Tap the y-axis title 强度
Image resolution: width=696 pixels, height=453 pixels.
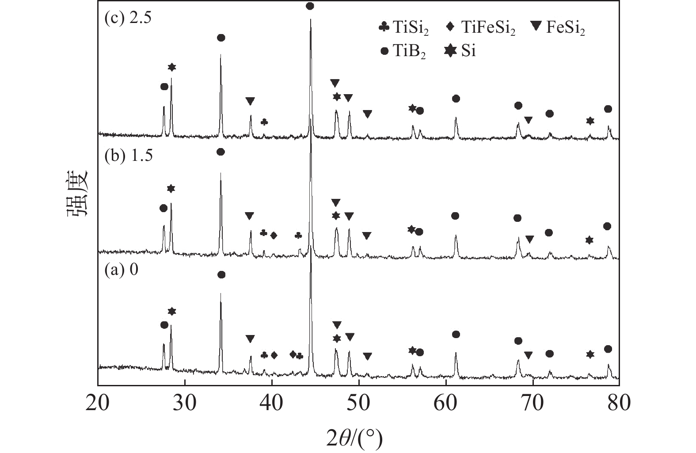pyautogui.click(x=78, y=193)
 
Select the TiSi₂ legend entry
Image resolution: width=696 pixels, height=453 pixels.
pyautogui.click(x=404, y=28)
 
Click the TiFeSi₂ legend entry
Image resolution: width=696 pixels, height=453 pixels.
pyautogui.click(x=481, y=28)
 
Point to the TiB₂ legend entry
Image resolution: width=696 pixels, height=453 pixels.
pyautogui.click(x=403, y=51)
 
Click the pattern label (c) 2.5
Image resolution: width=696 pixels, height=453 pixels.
pyautogui.click(x=128, y=19)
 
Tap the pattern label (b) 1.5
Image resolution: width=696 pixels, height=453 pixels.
pyautogui.click(x=128, y=156)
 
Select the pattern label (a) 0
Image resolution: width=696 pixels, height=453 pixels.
pyautogui.click(x=121, y=270)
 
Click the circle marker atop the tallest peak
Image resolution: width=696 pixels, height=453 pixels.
pyautogui.click(x=310, y=6)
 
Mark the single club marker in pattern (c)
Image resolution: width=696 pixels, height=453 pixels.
pyautogui.click(x=264, y=122)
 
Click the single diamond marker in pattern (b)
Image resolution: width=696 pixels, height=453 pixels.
pyautogui.click(x=274, y=235)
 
